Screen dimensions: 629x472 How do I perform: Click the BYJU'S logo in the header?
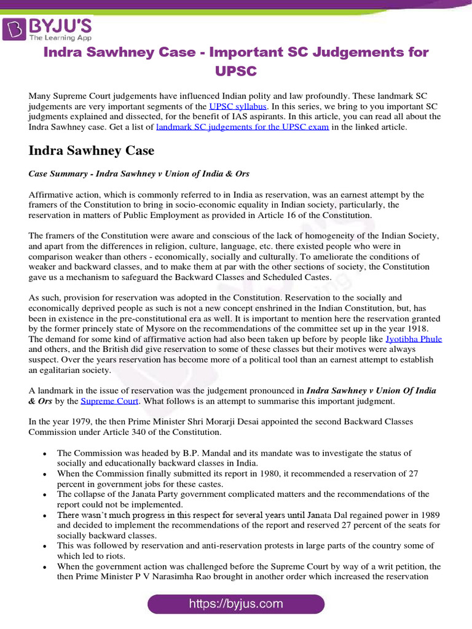coord(48,28)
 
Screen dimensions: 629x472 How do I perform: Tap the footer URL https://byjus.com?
coord(236,603)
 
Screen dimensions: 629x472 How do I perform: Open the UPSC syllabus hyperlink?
coord(238,106)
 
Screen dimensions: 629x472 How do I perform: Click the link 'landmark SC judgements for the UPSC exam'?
coord(243,127)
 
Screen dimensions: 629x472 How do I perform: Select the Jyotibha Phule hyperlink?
coord(414,338)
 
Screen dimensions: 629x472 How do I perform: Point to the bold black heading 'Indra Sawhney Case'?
coord(92,150)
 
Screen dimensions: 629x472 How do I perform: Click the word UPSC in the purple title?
coord(236,71)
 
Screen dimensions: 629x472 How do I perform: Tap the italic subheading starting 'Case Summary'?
coord(139,174)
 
